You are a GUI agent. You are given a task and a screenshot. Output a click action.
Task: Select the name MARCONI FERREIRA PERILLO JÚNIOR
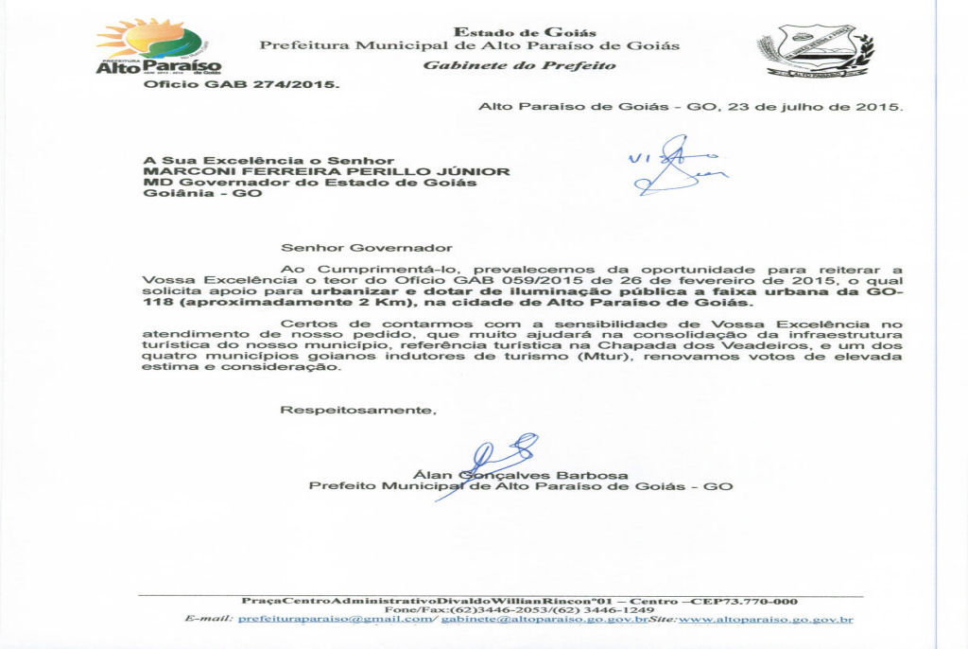pyautogui.click(x=326, y=171)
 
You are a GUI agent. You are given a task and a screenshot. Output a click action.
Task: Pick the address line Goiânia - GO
pyautogui.click(x=202, y=194)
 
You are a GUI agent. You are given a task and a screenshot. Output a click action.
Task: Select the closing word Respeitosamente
pyautogui.click(x=358, y=411)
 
